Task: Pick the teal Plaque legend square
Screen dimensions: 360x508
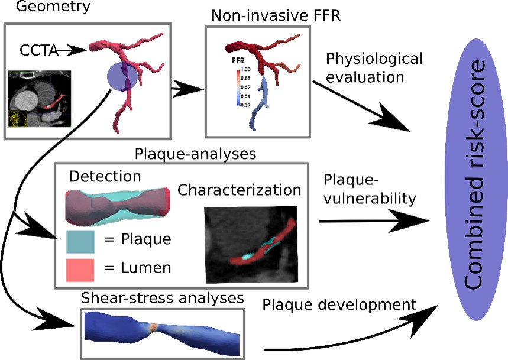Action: click(x=78, y=241)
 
